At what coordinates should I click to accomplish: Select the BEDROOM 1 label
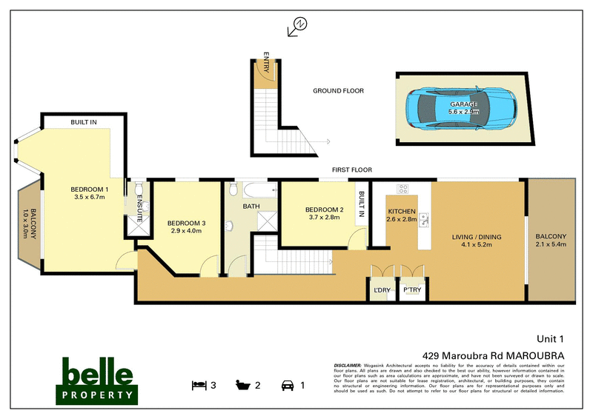(90, 189)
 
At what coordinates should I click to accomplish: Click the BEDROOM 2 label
(325, 209)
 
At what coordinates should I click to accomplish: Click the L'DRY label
(382, 289)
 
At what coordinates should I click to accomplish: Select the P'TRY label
(411, 289)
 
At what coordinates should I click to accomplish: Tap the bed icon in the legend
(198, 385)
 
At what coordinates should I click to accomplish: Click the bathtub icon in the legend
(242, 385)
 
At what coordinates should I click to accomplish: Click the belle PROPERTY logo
(98, 379)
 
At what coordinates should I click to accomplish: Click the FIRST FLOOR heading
(351, 170)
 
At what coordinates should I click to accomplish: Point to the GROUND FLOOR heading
(338, 91)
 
